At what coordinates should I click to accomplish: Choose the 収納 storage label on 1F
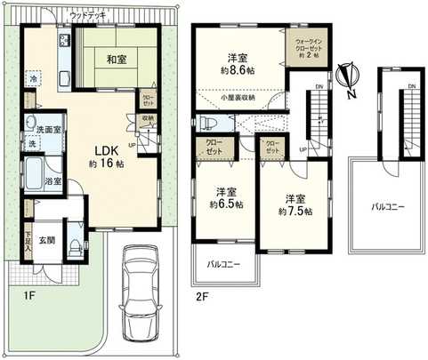(147, 119)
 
